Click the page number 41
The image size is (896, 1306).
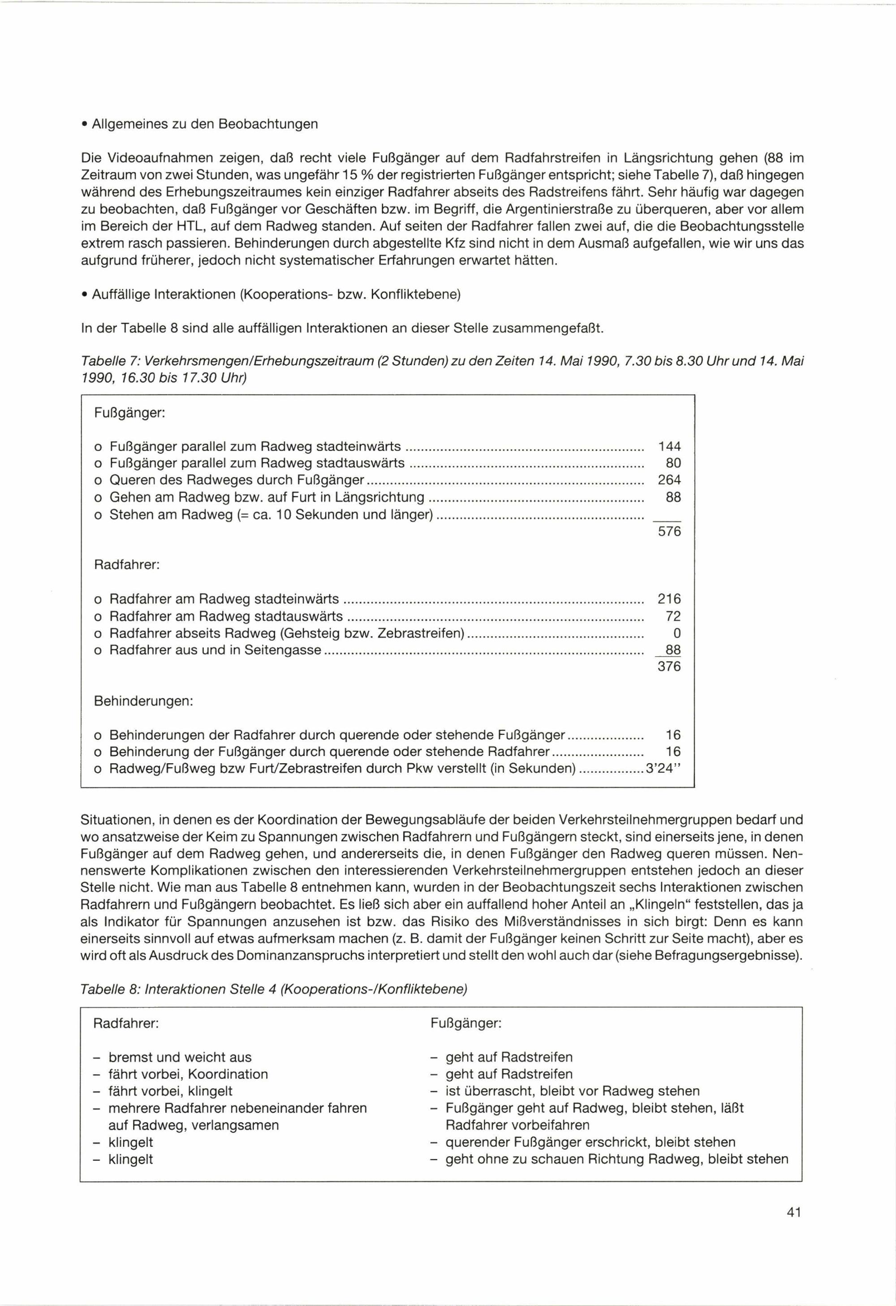pos(793,1228)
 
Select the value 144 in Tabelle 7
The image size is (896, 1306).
pos(669,446)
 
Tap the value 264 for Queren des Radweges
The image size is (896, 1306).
pos(669,480)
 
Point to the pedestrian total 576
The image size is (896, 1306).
pos(669,531)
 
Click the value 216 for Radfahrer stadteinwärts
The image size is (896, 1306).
pos(669,599)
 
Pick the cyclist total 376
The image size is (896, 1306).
pos(669,666)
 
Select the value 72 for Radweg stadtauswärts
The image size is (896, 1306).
pos(673,616)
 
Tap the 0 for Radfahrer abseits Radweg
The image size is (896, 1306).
pos(677,633)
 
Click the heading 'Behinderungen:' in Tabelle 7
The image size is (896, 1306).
pos(143,701)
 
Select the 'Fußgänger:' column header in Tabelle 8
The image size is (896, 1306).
pos(465,1023)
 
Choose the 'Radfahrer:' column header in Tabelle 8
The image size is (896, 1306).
pos(126,1023)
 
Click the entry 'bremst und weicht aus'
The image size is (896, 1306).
pos(180,1057)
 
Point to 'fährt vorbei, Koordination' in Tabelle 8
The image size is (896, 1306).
pos(188,1074)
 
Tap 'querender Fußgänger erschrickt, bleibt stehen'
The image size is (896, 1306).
pos(590,1142)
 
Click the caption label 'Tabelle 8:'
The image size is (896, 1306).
pos(110,989)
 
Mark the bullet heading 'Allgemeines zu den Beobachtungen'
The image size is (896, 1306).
pos(205,124)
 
